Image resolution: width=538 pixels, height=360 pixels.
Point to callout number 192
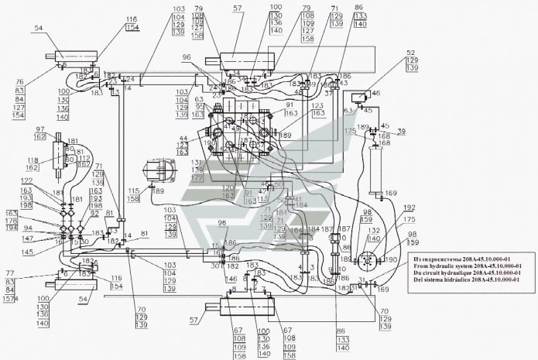coord(410,207)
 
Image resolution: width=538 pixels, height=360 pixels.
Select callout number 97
coord(40,129)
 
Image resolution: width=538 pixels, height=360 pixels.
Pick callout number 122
coord(26,180)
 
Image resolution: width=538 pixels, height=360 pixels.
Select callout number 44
coord(183,137)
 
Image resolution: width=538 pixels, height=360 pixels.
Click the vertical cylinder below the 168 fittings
coord(379,171)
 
